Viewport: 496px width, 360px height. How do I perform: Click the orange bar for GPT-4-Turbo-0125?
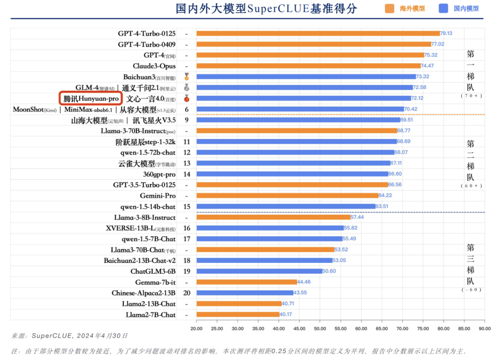(x=317, y=34)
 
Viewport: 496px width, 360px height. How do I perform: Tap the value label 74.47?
(x=427, y=66)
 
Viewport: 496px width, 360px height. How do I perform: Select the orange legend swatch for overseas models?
(x=390, y=8)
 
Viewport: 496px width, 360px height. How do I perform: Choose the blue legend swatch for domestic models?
(x=444, y=8)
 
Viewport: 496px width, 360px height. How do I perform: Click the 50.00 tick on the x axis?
(x=320, y=329)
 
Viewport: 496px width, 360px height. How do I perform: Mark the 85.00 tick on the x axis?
(x=464, y=329)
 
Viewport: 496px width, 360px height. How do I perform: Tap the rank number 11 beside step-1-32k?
(x=186, y=142)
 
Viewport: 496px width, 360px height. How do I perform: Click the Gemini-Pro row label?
(x=157, y=196)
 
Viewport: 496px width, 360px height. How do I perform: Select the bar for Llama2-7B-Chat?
(x=238, y=314)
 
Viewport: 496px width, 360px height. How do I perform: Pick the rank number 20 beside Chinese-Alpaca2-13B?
(x=186, y=293)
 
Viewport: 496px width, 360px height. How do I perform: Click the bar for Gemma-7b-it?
(x=247, y=282)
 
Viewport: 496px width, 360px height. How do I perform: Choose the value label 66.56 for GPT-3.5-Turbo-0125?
(x=395, y=185)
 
